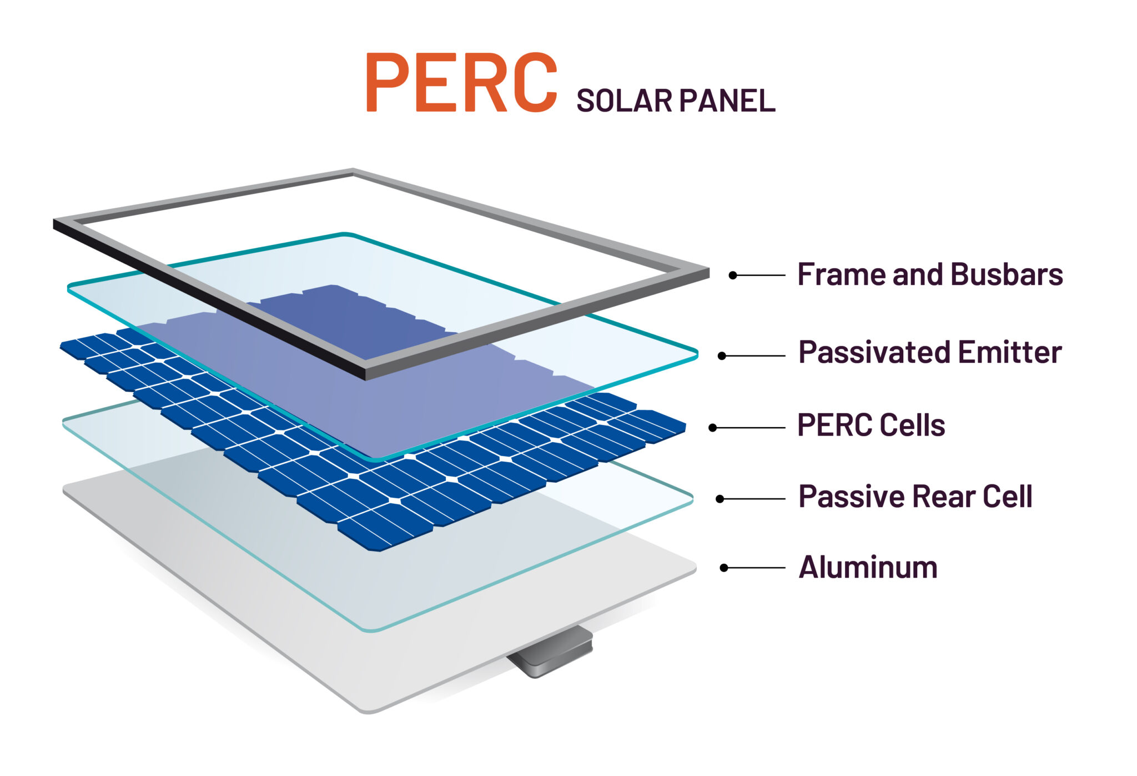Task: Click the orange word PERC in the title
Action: tap(460, 82)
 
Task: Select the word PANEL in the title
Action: tap(727, 101)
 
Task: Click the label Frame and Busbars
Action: tap(930, 274)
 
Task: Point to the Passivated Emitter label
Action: tap(930, 353)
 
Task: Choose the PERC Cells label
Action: tap(871, 425)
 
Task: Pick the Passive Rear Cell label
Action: tap(915, 497)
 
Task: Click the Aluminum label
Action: tap(868, 567)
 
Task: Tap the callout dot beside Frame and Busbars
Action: tap(733, 275)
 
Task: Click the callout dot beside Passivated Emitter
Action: tap(722, 356)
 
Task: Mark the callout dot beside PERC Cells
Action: tap(713, 428)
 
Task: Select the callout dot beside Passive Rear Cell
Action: tap(720, 499)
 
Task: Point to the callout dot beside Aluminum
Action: tap(724, 568)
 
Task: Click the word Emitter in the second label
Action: tap(1009, 353)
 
